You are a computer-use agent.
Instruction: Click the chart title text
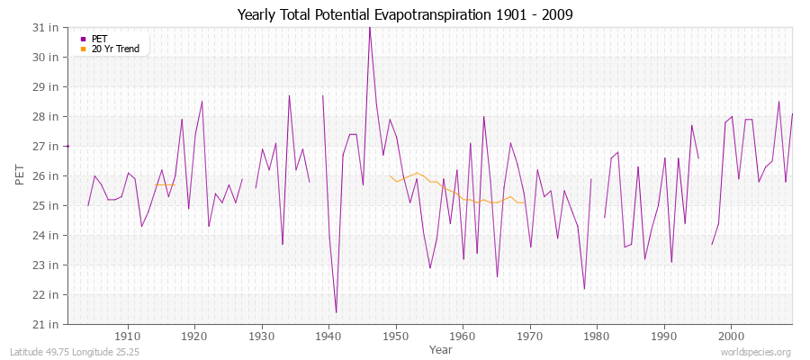tap(405, 15)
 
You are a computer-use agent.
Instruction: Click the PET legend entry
tap(99, 39)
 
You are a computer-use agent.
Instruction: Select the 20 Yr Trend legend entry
tap(115, 49)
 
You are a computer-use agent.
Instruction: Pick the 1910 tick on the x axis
tap(128, 336)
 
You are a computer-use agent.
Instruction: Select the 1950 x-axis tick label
tap(395, 336)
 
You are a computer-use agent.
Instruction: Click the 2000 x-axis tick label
tap(730, 336)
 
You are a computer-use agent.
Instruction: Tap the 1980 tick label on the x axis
tap(596, 336)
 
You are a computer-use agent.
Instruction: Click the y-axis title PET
tap(20, 175)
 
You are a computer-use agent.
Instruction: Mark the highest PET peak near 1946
tap(369, 28)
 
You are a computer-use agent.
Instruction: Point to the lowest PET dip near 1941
tap(336, 312)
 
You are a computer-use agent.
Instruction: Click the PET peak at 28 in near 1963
tap(483, 116)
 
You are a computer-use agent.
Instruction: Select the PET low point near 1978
tap(584, 289)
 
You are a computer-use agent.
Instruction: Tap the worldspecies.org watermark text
tap(756, 352)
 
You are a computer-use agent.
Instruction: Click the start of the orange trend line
tap(390, 175)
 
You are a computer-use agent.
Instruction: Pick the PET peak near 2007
tap(778, 102)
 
